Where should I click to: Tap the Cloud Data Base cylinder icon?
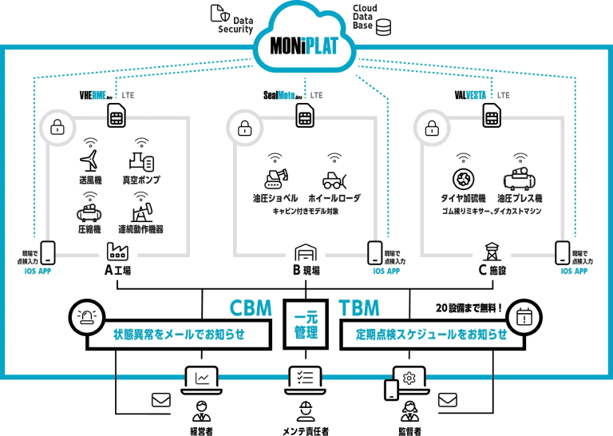(385, 28)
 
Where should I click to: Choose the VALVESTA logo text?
(470, 95)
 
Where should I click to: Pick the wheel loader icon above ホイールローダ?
(334, 180)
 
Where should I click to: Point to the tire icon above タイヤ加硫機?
(464, 179)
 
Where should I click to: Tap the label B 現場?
(306, 271)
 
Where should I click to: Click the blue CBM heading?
(251, 307)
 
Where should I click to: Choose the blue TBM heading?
(360, 307)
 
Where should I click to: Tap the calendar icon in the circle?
(524, 316)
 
